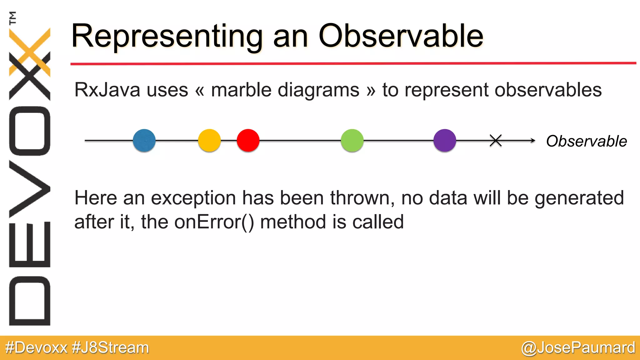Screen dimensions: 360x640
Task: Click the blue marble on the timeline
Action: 144,140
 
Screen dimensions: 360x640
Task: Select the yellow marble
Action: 209,140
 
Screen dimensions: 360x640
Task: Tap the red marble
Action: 248,140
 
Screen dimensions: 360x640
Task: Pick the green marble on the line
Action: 352,140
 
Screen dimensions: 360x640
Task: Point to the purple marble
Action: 445,140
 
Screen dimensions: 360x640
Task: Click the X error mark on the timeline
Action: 496,141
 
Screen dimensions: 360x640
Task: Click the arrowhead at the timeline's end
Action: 533,141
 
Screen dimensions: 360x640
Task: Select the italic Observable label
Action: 586,141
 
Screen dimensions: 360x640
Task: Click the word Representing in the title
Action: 167,37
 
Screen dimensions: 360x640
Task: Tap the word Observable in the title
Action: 401,36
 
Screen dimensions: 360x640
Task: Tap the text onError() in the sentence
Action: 214,222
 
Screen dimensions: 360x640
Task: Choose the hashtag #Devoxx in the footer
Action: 37,348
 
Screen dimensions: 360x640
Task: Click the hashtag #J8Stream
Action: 110,348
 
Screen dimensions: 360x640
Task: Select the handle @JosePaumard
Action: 578,348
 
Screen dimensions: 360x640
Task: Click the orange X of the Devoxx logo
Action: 30,52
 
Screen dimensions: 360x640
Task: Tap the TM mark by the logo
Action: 12,18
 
